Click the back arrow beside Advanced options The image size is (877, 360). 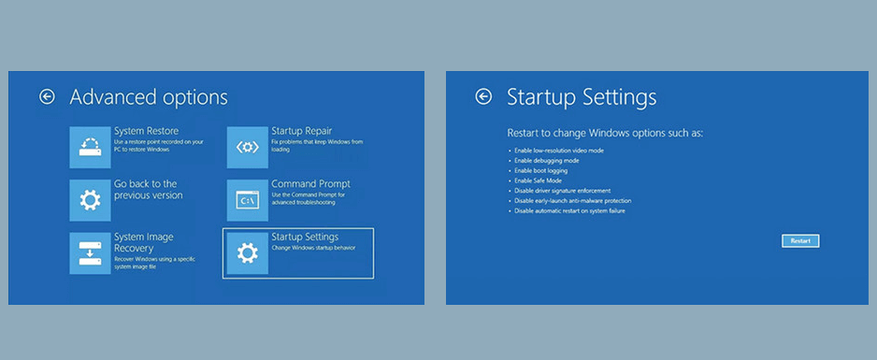[47, 96]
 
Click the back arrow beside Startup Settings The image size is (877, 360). [483, 96]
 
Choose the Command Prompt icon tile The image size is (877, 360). [247, 200]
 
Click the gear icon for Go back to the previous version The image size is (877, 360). [90, 200]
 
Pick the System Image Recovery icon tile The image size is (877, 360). [90, 252]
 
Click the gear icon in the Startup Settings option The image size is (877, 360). [247, 252]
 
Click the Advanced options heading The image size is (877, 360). [148, 97]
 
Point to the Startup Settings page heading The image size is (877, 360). [581, 97]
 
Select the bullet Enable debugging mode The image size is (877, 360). [546, 160]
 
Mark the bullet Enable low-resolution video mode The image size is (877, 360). [559, 150]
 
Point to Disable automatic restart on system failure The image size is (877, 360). [568, 211]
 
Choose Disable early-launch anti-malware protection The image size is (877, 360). [572, 201]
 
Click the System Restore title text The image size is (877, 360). [146, 131]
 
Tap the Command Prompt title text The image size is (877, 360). [309, 184]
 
